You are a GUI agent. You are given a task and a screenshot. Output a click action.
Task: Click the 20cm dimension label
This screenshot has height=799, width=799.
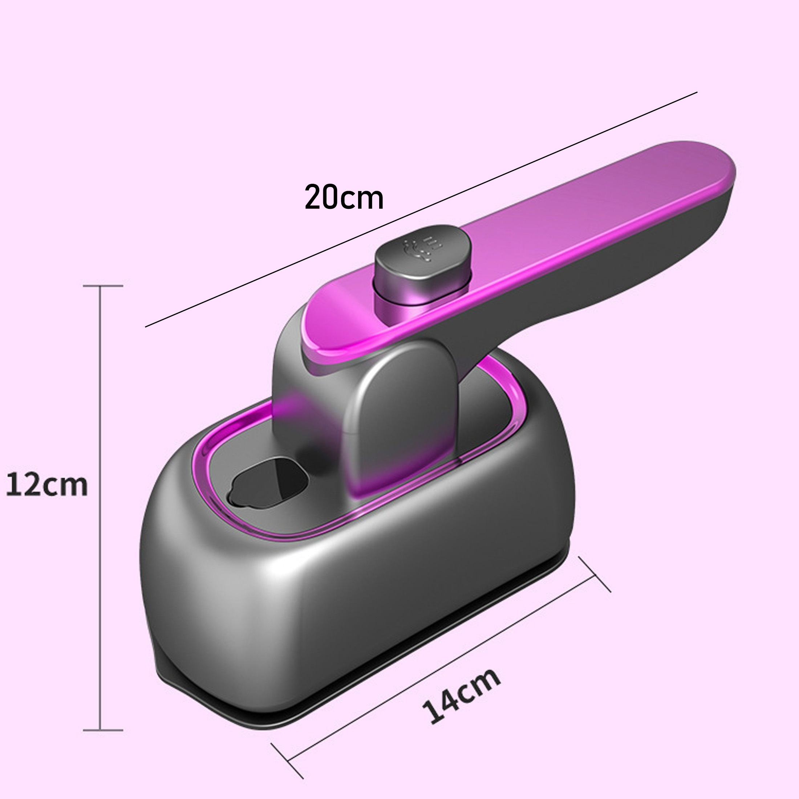[344, 198]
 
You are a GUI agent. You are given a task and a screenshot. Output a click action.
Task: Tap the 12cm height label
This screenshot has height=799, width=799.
[47, 486]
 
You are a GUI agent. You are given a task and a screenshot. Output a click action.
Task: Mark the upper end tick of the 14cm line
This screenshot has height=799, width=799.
[594, 575]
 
